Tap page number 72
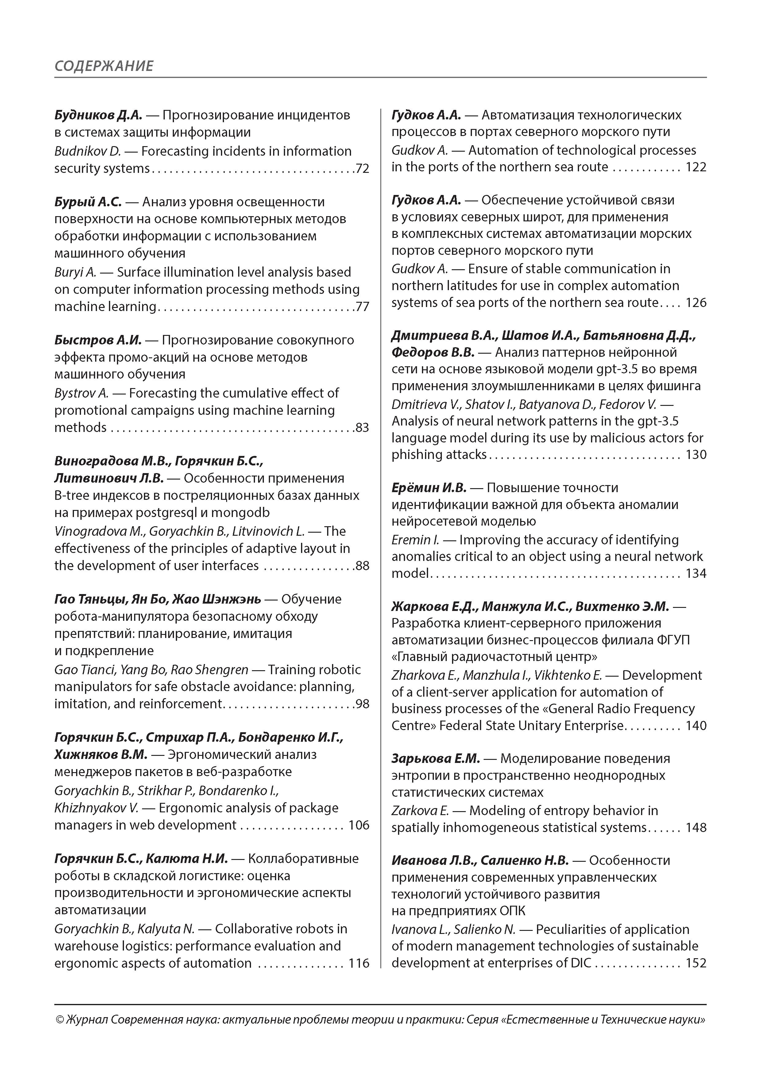pos(362,169)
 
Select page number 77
pos(362,307)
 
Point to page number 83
pos(362,428)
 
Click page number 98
pos(362,704)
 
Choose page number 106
pos(359,825)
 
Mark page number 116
pos(359,963)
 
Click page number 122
pos(696,167)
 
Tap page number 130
pos(696,455)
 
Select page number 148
pos(696,827)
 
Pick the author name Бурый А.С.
pos(88,202)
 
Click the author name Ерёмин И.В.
pos(429,488)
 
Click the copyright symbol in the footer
pos(60,1020)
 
